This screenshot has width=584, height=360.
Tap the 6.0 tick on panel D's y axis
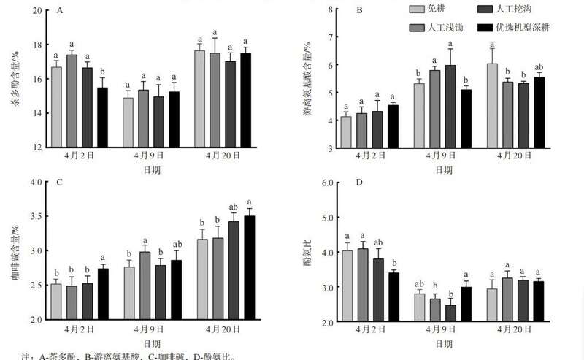328,183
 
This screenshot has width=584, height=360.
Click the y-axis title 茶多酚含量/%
15,80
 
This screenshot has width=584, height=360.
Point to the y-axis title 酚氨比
307,252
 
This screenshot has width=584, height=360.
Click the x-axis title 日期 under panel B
444,169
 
